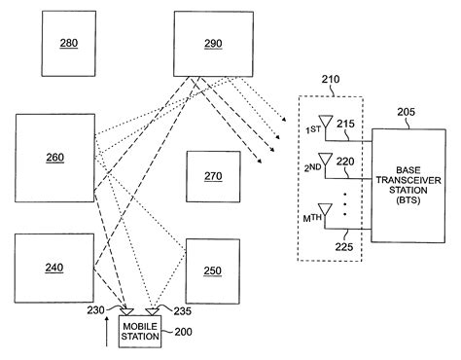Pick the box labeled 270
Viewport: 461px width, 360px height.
point(212,176)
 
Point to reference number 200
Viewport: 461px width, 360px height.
point(183,333)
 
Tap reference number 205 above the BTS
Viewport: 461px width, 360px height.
point(406,113)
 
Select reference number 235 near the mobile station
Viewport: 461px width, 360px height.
point(180,310)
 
